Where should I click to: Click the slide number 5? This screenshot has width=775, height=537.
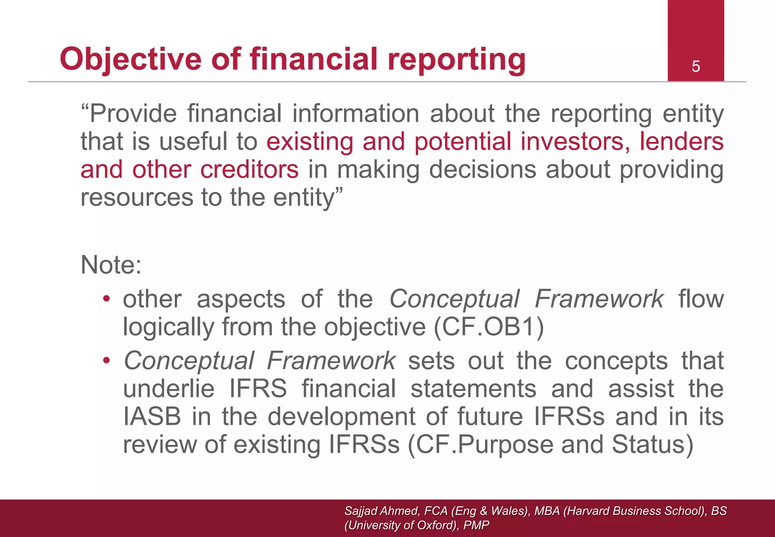[x=696, y=67]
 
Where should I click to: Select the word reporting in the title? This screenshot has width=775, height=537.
[x=456, y=60]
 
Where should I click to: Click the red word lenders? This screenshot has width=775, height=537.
[x=682, y=142]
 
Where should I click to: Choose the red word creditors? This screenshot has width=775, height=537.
[x=249, y=169]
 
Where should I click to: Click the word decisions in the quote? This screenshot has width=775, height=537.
[x=482, y=169]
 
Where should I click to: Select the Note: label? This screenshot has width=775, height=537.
[x=111, y=265]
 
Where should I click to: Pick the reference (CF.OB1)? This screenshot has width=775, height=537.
[x=489, y=327]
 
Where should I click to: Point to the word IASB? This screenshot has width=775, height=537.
[x=152, y=417]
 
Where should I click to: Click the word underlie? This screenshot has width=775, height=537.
[x=169, y=389]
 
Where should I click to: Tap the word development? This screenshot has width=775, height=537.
[x=342, y=417]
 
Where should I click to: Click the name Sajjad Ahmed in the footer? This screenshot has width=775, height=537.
[x=381, y=511]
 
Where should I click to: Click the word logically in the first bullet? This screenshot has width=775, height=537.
[x=168, y=327]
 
